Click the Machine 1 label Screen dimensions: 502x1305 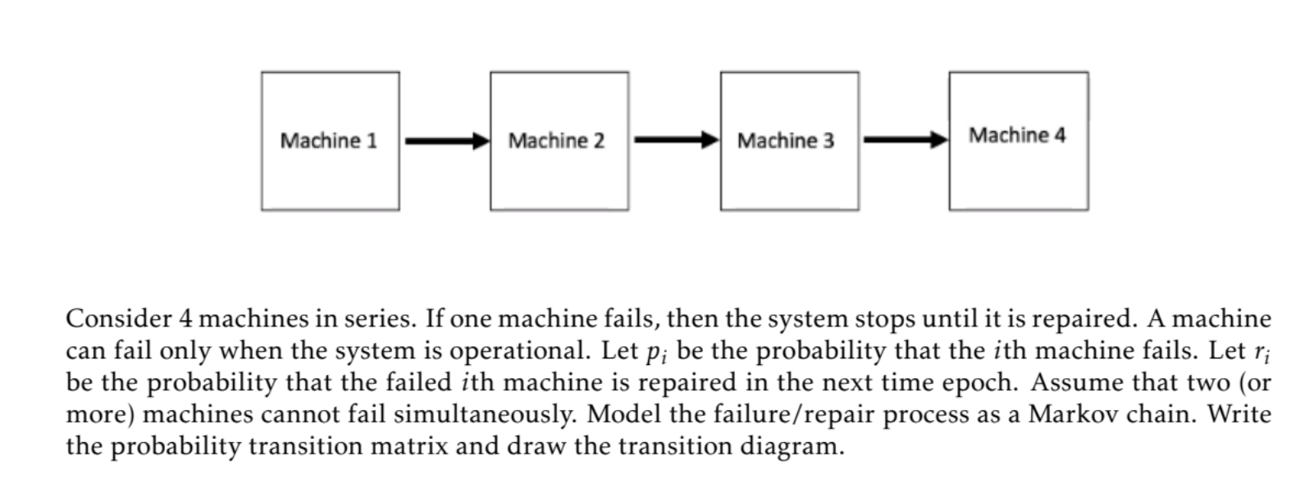pos(328,141)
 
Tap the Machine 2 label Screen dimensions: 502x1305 pos(556,141)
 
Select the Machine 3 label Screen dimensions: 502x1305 pos(785,141)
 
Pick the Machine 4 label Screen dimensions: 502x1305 pos(1017,135)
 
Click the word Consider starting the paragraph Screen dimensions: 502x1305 pos(118,319)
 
